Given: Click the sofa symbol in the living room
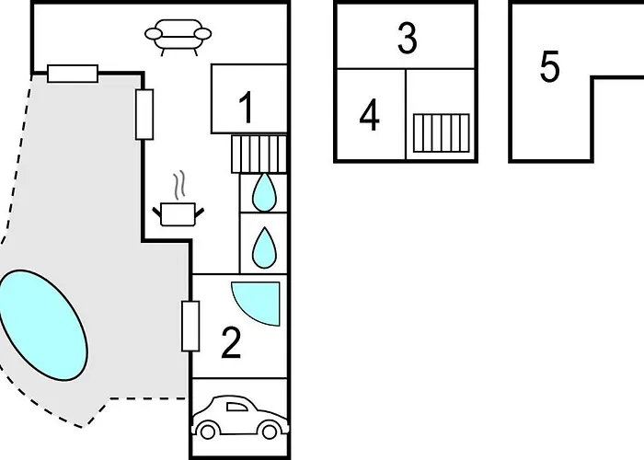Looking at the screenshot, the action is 178,37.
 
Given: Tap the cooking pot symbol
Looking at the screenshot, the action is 178,214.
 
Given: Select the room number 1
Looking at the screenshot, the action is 246,108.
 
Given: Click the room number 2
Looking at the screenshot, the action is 231,343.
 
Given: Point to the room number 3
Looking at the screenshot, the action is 407,38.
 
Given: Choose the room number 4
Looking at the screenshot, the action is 369,115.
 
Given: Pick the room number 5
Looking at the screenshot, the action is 549,65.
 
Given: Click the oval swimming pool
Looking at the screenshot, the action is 42,325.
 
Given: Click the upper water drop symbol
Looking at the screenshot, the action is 264,192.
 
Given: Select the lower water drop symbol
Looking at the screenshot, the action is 264,247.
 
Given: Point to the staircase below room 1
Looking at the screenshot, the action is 259,154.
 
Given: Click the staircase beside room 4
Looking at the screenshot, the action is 441,132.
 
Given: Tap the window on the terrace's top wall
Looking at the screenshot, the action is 73,74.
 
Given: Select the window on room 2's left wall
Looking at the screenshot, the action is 190,326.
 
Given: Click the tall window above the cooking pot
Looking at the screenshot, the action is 144,114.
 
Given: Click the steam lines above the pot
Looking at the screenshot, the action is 178,185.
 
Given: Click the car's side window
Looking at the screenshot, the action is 237,407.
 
